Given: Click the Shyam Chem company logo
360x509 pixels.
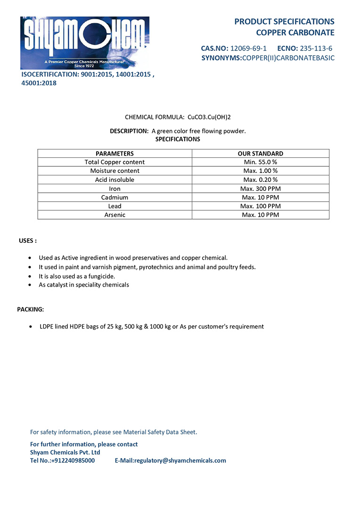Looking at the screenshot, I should click(x=85, y=42).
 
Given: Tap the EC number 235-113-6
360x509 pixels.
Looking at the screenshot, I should click(x=316, y=48).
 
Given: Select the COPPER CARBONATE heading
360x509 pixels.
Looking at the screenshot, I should click(x=295, y=33).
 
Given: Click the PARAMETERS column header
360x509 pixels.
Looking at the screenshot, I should click(x=115, y=154).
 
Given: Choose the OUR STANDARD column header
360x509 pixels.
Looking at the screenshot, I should click(x=261, y=154).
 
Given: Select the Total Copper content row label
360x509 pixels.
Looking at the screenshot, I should click(x=115, y=162).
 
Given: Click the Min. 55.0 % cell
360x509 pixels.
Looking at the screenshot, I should click(x=261, y=162).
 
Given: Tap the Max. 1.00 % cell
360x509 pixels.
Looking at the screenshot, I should click(x=261, y=171).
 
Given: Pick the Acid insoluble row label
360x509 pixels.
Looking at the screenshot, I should click(x=115, y=180).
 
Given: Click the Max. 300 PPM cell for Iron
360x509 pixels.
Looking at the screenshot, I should click(x=261, y=189).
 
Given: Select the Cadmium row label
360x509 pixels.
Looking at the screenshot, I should click(x=115, y=197).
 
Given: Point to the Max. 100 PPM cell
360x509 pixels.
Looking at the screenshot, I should click(x=261, y=206).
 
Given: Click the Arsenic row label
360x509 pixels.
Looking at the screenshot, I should click(x=115, y=215).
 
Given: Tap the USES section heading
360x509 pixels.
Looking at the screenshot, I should click(x=27, y=240).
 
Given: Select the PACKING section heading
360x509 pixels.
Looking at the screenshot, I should click(x=31, y=309).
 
